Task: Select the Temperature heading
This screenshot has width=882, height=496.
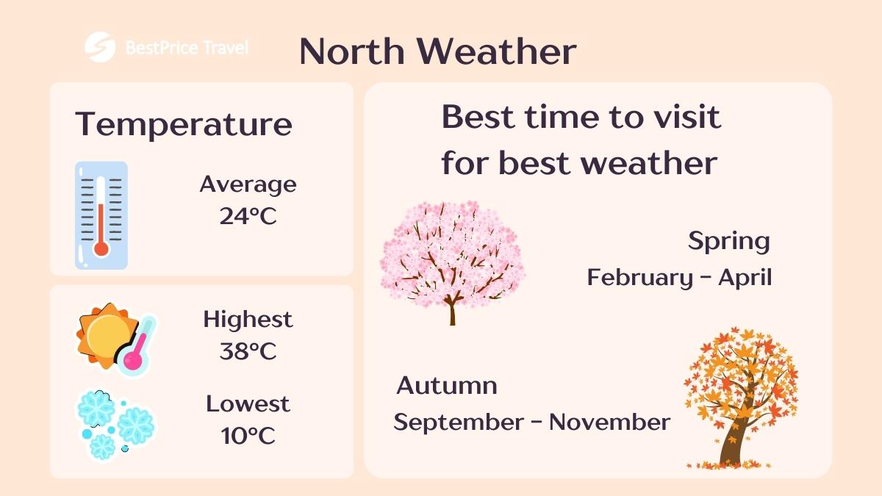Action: tap(184, 124)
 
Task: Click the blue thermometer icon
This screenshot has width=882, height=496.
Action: tap(101, 215)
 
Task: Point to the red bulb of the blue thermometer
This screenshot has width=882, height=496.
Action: tap(101, 248)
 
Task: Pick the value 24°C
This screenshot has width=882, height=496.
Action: tap(248, 216)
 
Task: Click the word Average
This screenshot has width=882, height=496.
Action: tap(248, 184)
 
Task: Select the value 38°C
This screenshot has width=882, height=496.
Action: tap(248, 351)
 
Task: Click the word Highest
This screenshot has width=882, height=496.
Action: tap(248, 320)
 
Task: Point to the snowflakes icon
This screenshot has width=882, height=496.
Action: tap(114, 425)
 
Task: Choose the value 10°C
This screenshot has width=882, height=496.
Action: tap(248, 436)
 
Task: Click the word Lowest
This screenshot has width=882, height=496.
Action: tap(248, 403)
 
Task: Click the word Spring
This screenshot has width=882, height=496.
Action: tap(728, 241)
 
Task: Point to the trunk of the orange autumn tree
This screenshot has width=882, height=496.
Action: tap(732, 441)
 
